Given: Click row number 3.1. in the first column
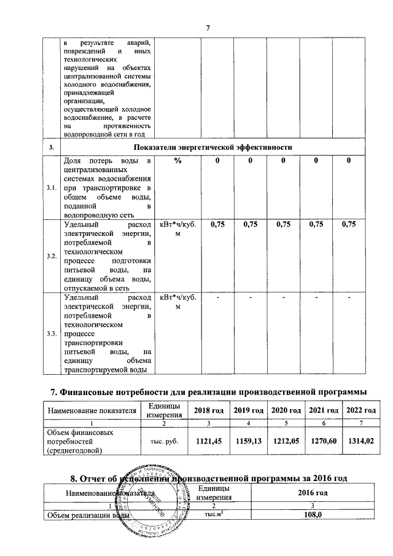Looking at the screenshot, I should click(x=52, y=187).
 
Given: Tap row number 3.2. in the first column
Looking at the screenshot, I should click(x=52, y=256).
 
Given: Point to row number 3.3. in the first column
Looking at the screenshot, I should click(x=52, y=334).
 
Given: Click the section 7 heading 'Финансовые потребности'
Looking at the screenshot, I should click(x=208, y=391).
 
